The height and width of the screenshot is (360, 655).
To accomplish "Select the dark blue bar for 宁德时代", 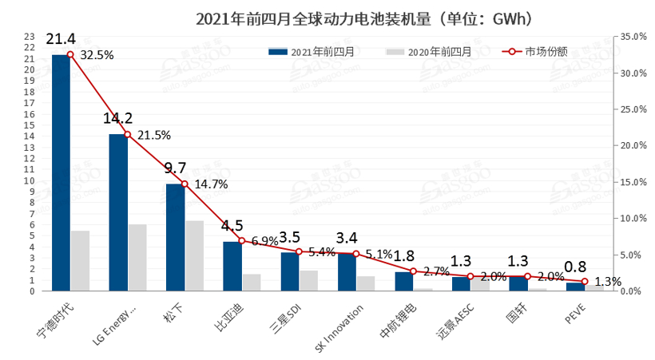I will tap(61, 172).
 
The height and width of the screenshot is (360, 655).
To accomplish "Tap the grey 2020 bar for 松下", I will tap(194, 255).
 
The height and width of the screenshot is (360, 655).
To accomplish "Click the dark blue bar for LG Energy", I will tap(118, 212).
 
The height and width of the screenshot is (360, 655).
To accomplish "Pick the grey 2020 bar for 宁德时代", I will tap(80, 261).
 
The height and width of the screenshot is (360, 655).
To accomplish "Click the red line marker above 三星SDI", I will tap(299, 252).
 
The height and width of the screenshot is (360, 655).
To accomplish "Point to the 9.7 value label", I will tap(175, 168).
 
